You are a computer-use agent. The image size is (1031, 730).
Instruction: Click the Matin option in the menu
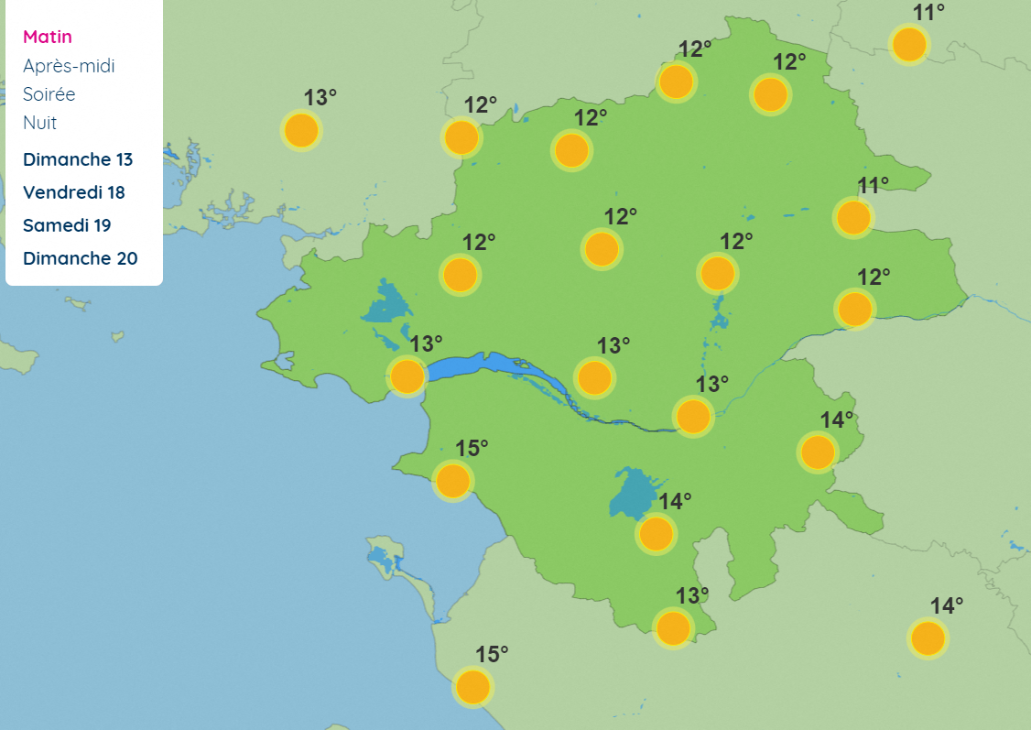[48, 37]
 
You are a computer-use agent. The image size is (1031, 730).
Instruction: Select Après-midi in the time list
[69, 66]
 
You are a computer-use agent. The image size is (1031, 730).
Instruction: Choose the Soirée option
[49, 94]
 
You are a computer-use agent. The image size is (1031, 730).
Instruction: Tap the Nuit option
[40, 123]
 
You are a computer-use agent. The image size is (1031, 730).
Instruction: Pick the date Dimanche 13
[78, 159]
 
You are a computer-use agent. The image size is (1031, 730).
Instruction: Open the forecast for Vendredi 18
[74, 192]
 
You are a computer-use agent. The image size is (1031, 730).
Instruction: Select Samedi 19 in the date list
[71, 225]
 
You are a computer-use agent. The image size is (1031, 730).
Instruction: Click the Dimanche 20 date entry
[81, 258]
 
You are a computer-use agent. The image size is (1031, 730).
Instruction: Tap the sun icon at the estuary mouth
[407, 376]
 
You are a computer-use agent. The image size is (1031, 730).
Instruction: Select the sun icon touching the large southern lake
[656, 533]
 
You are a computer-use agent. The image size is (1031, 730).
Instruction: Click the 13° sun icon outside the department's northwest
[300, 130]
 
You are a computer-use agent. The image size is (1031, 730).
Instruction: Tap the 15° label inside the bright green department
[472, 448]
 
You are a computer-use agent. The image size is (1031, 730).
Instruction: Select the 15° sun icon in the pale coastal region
[472, 687]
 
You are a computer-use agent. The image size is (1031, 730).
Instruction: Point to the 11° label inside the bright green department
[873, 185]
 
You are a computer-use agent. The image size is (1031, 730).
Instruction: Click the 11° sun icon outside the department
[909, 44]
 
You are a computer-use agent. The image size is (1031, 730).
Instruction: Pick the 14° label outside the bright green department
[947, 605]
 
